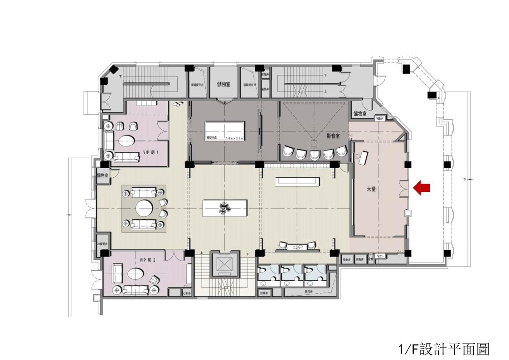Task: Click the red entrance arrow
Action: (x=422, y=188)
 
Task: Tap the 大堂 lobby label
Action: (x=371, y=189)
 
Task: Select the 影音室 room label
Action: (x=333, y=136)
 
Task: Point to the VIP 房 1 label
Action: (x=150, y=152)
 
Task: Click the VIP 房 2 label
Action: (x=148, y=260)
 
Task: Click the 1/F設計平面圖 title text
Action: (x=444, y=349)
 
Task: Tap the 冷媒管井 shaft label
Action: (x=102, y=244)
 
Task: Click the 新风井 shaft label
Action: (x=310, y=292)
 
